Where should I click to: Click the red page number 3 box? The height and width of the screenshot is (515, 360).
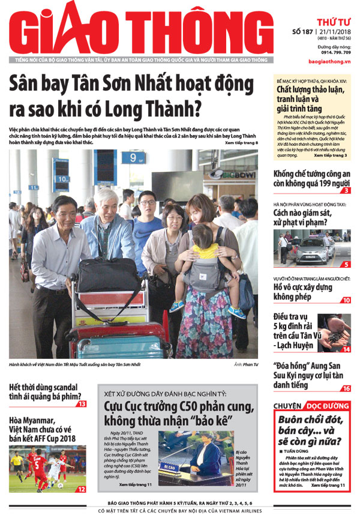coord(347,190)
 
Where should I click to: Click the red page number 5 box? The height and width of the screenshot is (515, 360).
coord(347,264)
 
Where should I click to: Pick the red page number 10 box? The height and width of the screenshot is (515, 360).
coord(346,300)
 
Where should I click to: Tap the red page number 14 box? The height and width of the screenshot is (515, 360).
coord(346,349)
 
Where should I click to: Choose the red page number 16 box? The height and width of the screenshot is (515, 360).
coord(346,388)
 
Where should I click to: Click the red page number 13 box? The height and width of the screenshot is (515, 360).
coord(81,403)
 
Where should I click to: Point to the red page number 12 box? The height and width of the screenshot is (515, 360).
coord(81,489)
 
